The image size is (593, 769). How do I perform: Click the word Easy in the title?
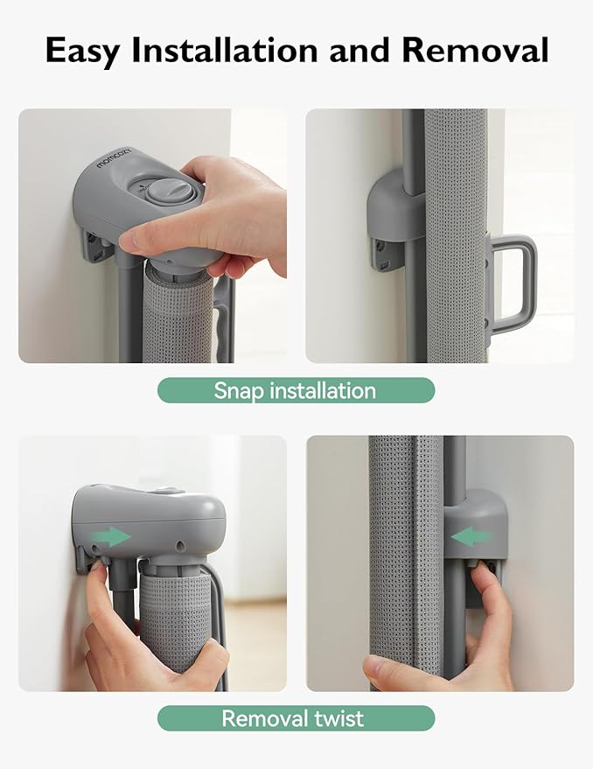(82, 52)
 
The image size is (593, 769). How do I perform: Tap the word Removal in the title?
(475, 50)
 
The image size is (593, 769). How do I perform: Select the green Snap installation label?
(296, 390)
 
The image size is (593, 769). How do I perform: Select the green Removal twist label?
(296, 718)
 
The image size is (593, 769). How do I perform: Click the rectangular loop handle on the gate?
(513, 283)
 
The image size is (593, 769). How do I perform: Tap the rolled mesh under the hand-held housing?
(178, 314)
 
